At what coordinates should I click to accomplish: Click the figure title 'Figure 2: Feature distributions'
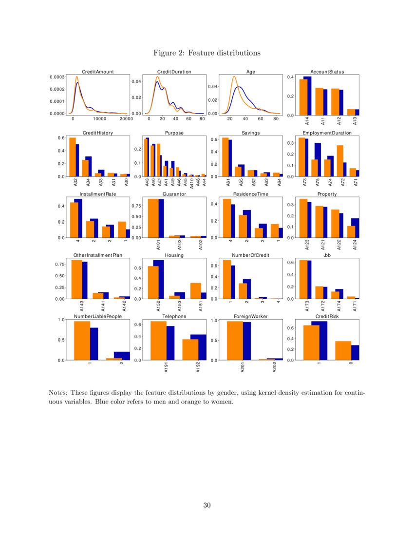click(x=207, y=53)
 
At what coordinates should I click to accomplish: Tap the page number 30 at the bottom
click(x=207, y=505)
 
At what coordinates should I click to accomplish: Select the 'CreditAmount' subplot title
click(x=97, y=72)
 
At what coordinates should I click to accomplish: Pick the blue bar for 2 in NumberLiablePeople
click(x=122, y=356)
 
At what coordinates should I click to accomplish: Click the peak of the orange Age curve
click(x=234, y=77)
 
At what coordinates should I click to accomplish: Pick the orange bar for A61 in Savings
click(x=225, y=157)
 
